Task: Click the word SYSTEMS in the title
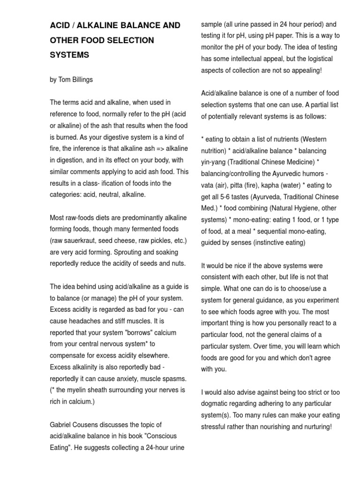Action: (69, 55)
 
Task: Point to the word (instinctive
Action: (283, 243)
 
